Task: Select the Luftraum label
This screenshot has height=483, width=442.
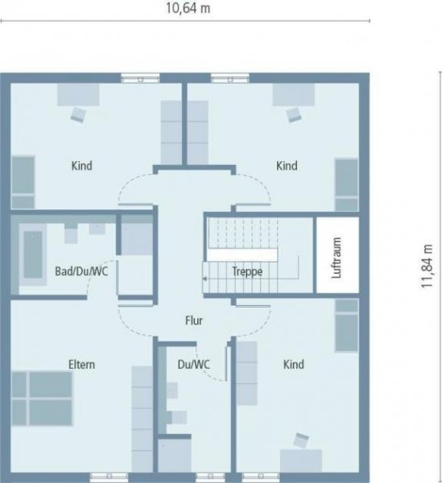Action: tap(336, 256)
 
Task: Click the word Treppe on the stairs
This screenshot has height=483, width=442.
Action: tap(246, 272)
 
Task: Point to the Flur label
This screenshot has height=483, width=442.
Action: tap(193, 320)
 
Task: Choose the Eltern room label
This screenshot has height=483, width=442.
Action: tap(81, 365)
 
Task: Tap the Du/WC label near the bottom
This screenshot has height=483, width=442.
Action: tap(193, 365)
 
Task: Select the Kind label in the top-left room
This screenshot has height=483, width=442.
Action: tap(81, 167)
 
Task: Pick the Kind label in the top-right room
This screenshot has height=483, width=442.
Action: tap(287, 167)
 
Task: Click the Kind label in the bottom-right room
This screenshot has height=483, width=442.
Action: tap(294, 365)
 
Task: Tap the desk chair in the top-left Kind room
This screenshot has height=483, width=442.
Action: tap(78, 114)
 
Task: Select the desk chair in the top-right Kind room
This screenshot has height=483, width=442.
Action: tap(292, 114)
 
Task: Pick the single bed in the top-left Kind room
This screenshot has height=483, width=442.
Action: tap(23, 182)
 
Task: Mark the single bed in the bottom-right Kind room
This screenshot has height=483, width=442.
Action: tap(347, 326)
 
